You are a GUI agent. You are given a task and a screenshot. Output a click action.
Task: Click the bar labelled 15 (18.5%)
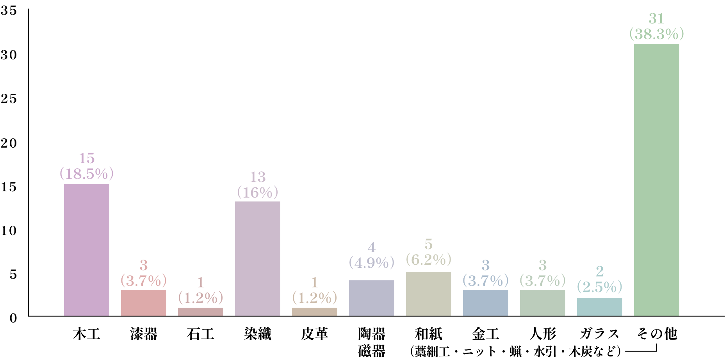tap(86, 250)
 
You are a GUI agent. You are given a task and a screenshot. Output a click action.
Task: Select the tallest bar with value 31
tap(656, 180)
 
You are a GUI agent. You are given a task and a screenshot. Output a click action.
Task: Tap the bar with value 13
tap(257, 258)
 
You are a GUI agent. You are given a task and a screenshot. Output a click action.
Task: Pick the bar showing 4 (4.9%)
tap(371, 298)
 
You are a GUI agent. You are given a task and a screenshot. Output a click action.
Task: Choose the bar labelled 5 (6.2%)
tap(428, 294)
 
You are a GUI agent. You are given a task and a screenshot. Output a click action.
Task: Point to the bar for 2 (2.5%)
tap(599, 307)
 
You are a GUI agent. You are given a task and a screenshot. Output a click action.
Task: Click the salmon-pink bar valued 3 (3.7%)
tap(143, 303)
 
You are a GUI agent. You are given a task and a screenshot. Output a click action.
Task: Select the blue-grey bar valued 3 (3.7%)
tap(485, 303)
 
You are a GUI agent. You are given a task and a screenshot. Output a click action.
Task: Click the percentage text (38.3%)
tap(656, 34)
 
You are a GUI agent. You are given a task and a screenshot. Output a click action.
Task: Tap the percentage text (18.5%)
tap(86, 174)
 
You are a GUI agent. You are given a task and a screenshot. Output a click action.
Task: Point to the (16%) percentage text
tap(257, 192)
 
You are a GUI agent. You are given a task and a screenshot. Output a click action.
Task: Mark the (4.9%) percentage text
tap(371, 263)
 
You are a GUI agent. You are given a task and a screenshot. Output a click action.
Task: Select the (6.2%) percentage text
tap(428, 260)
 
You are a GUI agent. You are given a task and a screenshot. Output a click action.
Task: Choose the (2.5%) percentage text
tap(599, 287)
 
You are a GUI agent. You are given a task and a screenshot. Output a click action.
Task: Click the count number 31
tap(656, 19)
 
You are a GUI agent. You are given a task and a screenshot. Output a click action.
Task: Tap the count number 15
tap(86, 159)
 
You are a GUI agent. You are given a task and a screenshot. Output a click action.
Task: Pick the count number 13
tap(257, 177)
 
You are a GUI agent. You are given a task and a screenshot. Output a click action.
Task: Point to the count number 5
tap(428, 244)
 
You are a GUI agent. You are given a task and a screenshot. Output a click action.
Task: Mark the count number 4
tap(371, 248)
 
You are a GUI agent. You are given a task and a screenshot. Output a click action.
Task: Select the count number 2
tap(599, 271)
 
